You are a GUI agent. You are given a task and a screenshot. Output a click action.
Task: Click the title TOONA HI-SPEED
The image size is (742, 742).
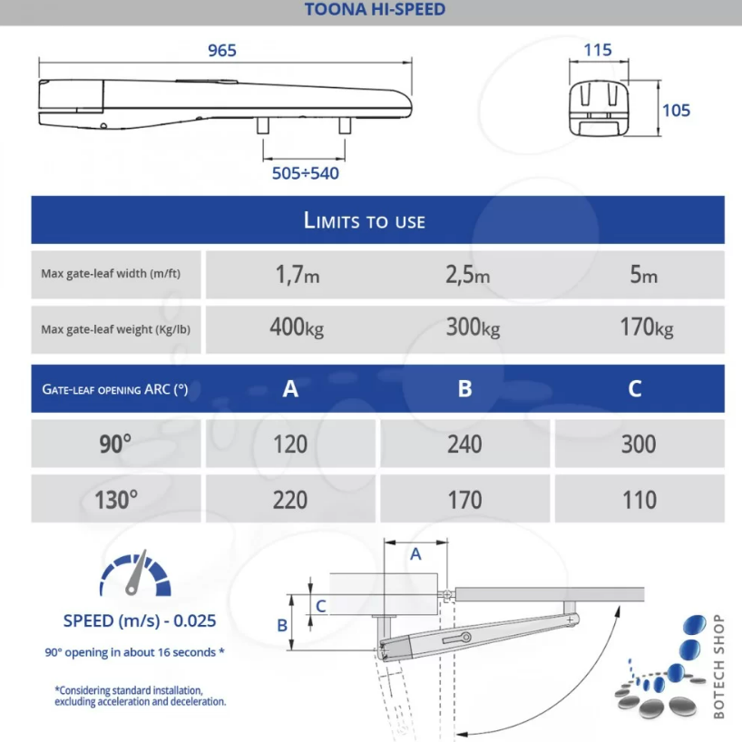click(x=370, y=10)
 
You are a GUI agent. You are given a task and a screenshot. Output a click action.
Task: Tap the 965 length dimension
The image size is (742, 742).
click(x=222, y=51)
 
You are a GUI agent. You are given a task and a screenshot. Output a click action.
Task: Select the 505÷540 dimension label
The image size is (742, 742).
click(x=306, y=172)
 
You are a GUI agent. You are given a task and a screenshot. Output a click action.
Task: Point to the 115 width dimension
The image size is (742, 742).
click(x=598, y=51)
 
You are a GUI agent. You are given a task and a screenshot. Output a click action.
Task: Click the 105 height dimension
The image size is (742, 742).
click(x=676, y=110)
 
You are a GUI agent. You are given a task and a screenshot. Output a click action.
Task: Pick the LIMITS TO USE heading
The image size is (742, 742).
click(x=365, y=220)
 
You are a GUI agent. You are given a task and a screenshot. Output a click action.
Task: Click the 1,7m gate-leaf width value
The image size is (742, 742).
click(x=298, y=275)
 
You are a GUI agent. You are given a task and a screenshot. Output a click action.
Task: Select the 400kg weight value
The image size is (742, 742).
click(x=296, y=327)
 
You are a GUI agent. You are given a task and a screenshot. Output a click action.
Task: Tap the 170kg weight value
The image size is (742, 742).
click(x=646, y=327)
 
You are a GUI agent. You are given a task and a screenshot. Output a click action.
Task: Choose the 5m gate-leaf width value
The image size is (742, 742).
click(x=644, y=275)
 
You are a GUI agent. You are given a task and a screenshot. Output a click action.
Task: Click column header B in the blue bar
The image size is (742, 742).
click(x=464, y=389)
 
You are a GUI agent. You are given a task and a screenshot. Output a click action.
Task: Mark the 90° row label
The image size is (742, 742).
click(x=115, y=444)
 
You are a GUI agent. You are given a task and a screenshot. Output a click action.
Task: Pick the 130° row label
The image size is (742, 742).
click(x=116, y=500)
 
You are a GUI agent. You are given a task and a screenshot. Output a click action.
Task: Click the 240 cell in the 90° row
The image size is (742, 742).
click(x=464, y=444)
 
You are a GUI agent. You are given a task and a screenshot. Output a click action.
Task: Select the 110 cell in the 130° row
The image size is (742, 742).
click(x=639, y=500)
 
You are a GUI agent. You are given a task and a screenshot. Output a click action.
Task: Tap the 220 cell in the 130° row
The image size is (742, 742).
click(x=290, y=500)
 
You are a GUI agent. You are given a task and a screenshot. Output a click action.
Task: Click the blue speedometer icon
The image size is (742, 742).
click(x=136, y=572)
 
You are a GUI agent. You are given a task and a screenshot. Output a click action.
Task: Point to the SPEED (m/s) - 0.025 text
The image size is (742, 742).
click(x=140, y=621)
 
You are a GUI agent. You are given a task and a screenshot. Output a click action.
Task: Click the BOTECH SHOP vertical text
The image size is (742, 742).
click(x=719, y=666)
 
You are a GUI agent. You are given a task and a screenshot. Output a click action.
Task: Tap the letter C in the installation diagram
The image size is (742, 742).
click(x=321, y=604)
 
